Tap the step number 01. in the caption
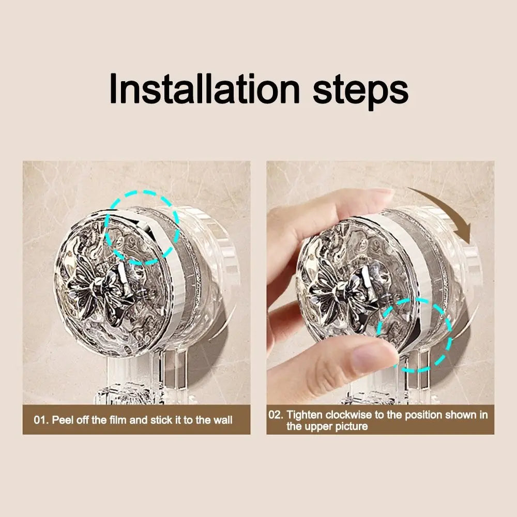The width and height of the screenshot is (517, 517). (x=42, y=420)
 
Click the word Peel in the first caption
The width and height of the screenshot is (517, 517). (x=62, y=420)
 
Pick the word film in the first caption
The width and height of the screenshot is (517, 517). (x=117, y=420)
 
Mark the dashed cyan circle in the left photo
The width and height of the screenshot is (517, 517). (x=142, y=227)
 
